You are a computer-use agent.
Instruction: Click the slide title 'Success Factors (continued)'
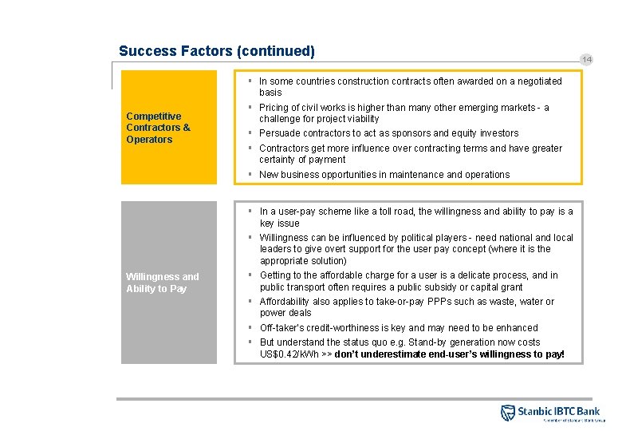(217, 51)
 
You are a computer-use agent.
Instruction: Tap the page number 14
(587, 60)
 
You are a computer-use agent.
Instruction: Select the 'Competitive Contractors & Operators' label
(158, 128)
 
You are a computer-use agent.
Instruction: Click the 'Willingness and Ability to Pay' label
(162, 283)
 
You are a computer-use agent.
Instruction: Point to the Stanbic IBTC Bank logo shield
(507, 413)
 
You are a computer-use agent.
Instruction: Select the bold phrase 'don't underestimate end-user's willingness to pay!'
(449, 354)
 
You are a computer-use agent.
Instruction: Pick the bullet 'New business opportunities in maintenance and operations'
(384, 175)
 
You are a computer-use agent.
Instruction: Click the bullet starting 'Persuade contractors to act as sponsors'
(388, 133)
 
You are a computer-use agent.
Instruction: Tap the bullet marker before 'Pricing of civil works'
(250, 107)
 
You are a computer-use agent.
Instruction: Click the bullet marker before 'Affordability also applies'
(250, 302)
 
